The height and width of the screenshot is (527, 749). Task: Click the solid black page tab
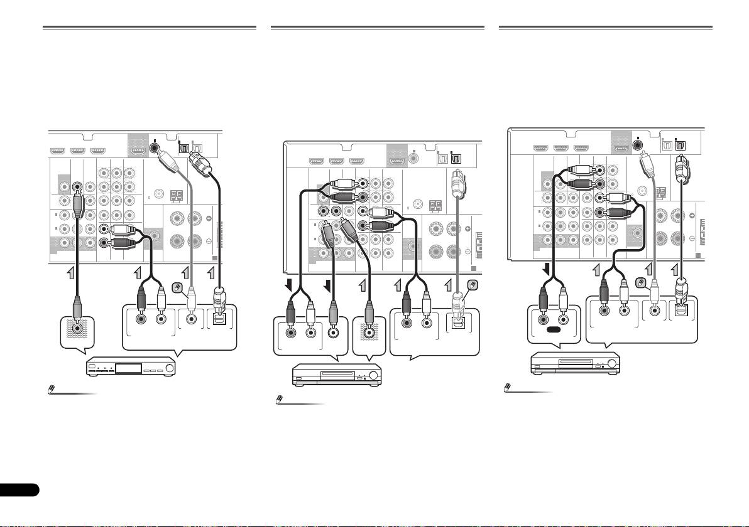coord(19,489)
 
